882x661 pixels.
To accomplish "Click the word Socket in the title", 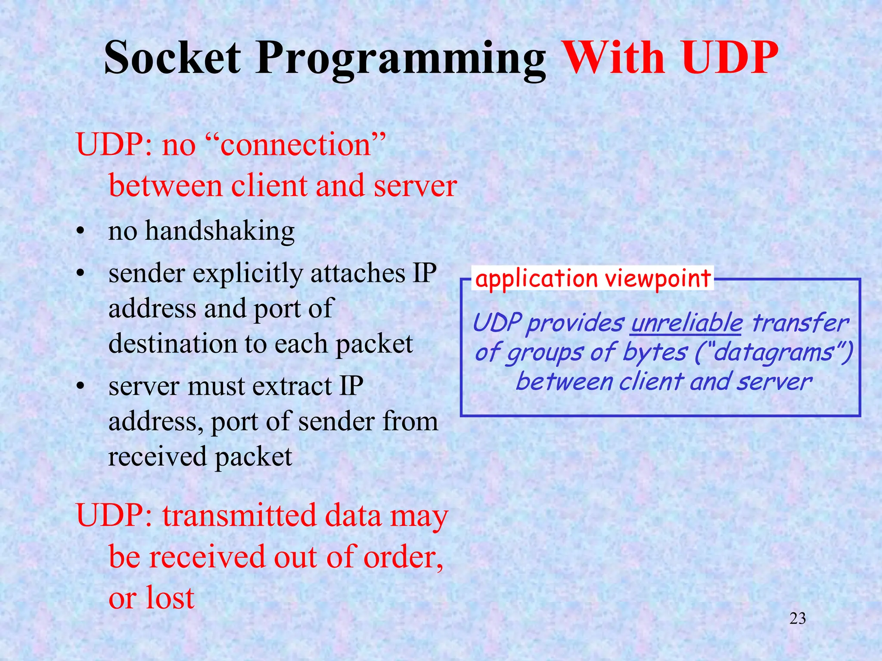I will [x=172, y=58].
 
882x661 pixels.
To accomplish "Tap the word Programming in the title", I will [x=401, y=60].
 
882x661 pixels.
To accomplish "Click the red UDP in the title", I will [x=730, y=58].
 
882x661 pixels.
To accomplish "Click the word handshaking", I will [x=220, y=232].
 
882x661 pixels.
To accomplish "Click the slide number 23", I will [x=798, y=619].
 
